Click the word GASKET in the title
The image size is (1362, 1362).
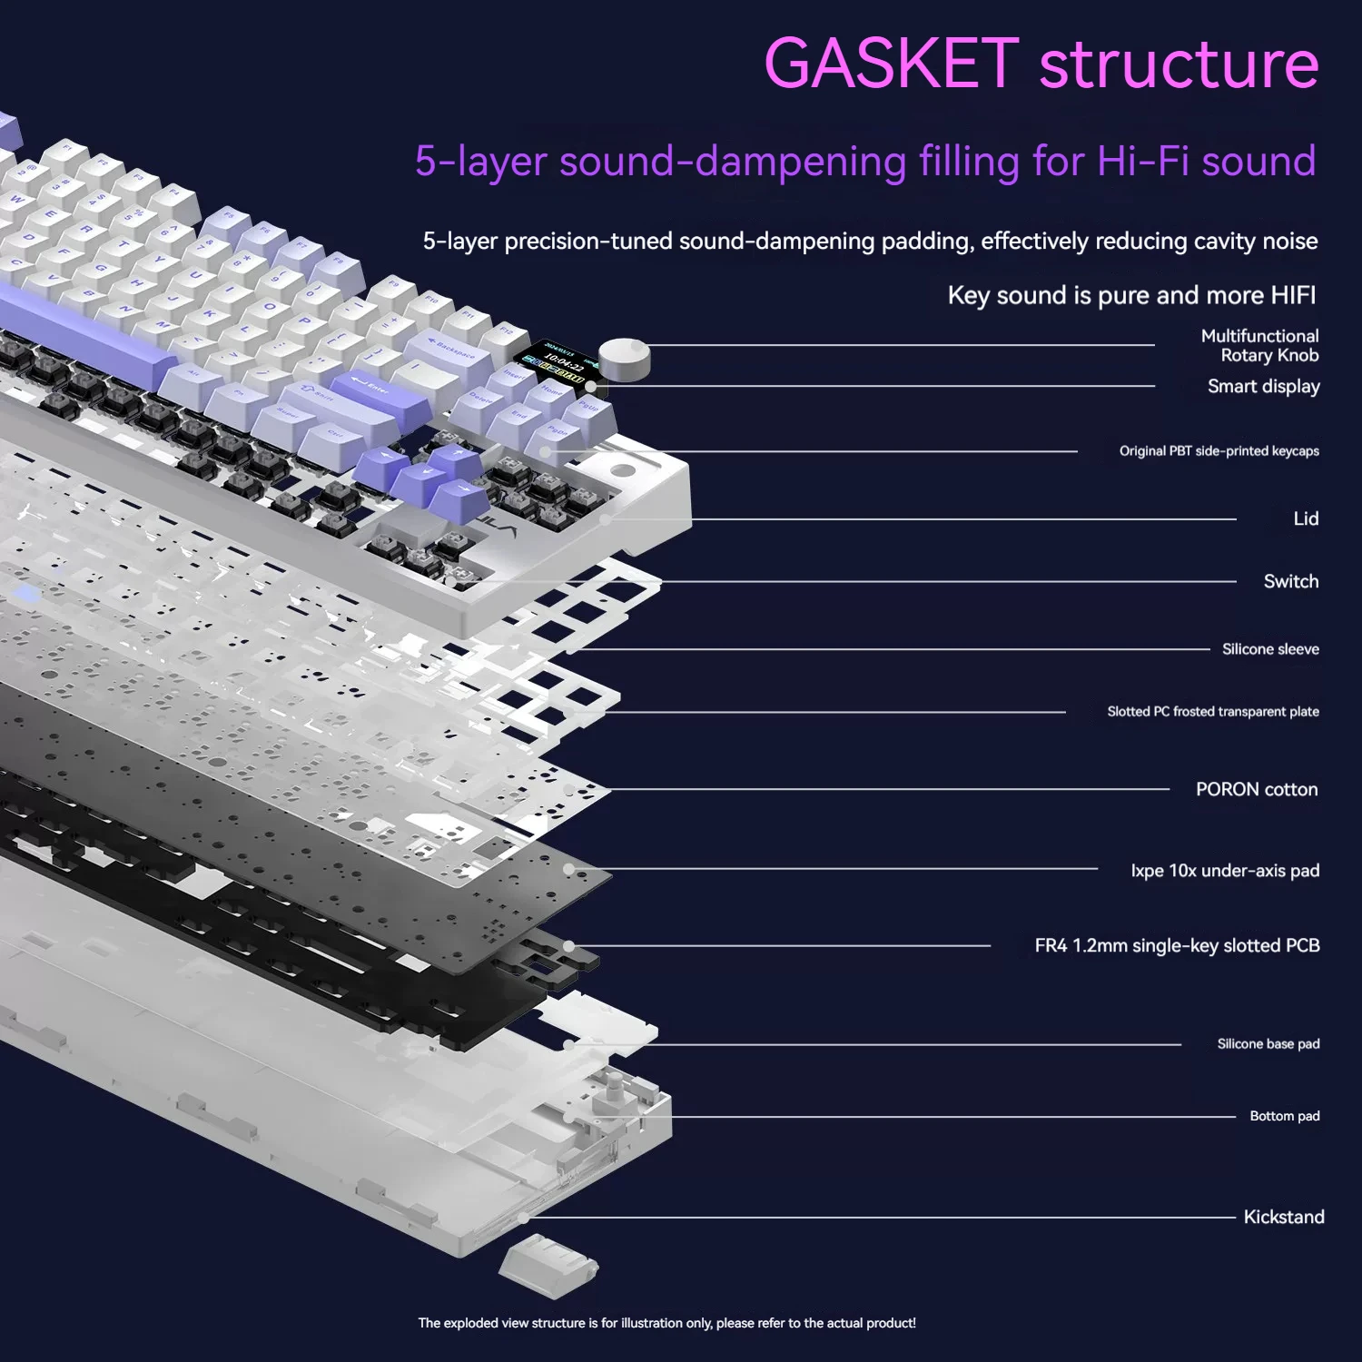tap(892, 64)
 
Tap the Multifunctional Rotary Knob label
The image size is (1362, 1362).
tap(1259, 346)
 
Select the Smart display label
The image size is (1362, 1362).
tap(1263, 387)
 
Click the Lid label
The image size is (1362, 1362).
tap(1306, 518)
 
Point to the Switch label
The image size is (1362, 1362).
tap(1291, 581)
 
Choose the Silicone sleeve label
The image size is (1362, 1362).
tap(1270, 649)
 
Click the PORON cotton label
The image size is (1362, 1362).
tap(1257, 789)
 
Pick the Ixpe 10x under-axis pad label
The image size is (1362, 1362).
tap(1225, 871)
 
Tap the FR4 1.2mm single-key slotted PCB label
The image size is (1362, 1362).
tap(1177, 945)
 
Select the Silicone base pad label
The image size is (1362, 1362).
tap(1268, 1044)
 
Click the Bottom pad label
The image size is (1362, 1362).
tap(1285, 1116)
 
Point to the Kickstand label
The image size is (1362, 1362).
tap(1284, 1217)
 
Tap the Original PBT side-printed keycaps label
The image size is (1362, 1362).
tap(1219, 451)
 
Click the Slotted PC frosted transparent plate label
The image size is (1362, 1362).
tap(1213, 712)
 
